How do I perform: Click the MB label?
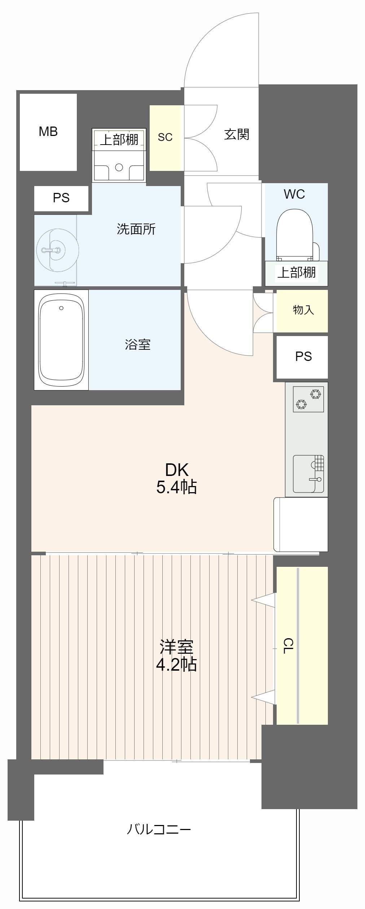[48, 132]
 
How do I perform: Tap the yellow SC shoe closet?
[165, 137]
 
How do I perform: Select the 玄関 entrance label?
[237, 134]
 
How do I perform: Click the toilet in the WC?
[294, 235]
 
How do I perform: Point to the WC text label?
[294, 194]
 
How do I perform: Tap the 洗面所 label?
[136, 229]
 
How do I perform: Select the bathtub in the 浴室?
[61, 340]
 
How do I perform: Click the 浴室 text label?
[137, 344]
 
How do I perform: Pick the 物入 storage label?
[303, 310]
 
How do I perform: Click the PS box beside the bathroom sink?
[61, 198]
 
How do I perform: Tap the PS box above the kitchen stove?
[303, 357]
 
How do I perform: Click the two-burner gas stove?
[308, 399]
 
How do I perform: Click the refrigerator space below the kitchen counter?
[301, 524]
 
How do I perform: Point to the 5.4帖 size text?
[176, 487]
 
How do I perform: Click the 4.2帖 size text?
[176, 664]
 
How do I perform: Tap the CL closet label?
[287, 646]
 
